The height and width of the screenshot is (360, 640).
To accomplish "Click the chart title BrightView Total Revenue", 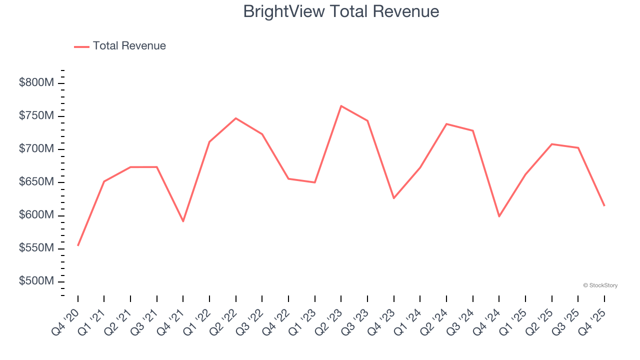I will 341,11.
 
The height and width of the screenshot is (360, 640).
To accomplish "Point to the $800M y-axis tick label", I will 36,83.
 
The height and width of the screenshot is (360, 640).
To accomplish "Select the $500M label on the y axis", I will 36,281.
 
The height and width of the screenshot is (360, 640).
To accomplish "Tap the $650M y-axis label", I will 36,182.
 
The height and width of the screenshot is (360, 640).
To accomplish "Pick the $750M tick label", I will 36,116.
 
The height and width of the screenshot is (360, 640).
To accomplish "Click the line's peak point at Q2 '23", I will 341,106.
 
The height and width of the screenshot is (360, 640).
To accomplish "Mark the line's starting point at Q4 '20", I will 78,245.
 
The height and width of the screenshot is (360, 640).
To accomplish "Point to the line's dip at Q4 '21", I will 183,221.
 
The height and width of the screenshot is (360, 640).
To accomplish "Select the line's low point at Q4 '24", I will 499,216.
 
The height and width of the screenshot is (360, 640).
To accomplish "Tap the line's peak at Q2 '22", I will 236,118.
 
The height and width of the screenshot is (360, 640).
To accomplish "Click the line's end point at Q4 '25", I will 604,205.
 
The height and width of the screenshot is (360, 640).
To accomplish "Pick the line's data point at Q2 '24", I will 446,124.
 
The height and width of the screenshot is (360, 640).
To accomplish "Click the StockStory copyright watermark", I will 600,285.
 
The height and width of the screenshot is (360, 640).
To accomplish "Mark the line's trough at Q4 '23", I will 394,198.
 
